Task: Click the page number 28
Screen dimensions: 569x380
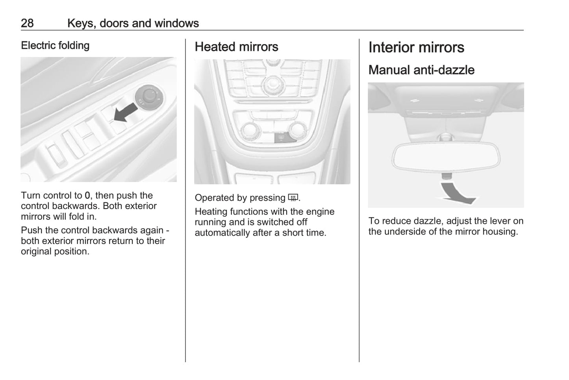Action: tap(27, 23)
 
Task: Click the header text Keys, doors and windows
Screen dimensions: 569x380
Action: tap(133, 23)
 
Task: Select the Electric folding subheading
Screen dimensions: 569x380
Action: tap(55, 46)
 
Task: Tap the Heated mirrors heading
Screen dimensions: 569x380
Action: tap(237, 47)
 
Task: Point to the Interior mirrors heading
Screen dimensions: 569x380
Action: tap(416, 47)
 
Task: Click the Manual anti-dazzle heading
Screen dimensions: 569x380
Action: tap(421, 70)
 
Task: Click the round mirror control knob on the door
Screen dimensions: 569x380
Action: tap(149, 97)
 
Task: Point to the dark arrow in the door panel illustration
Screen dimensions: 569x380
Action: tap(126, 112)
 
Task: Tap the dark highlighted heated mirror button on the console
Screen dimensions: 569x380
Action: tap(283, 138)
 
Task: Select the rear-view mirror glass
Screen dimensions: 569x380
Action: tap(446, 157)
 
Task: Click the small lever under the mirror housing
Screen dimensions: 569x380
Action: tap(447, 176)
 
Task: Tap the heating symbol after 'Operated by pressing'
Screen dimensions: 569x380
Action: tap(293, 198)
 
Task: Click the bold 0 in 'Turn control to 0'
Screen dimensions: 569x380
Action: tap(87, 196)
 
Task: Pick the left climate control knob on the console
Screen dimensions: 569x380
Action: tap(251, 130)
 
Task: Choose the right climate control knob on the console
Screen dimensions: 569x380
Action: tap(298, 130)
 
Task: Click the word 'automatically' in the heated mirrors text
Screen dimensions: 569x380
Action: tap(222, 233)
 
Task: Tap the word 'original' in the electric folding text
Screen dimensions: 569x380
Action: tap(35, 252)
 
